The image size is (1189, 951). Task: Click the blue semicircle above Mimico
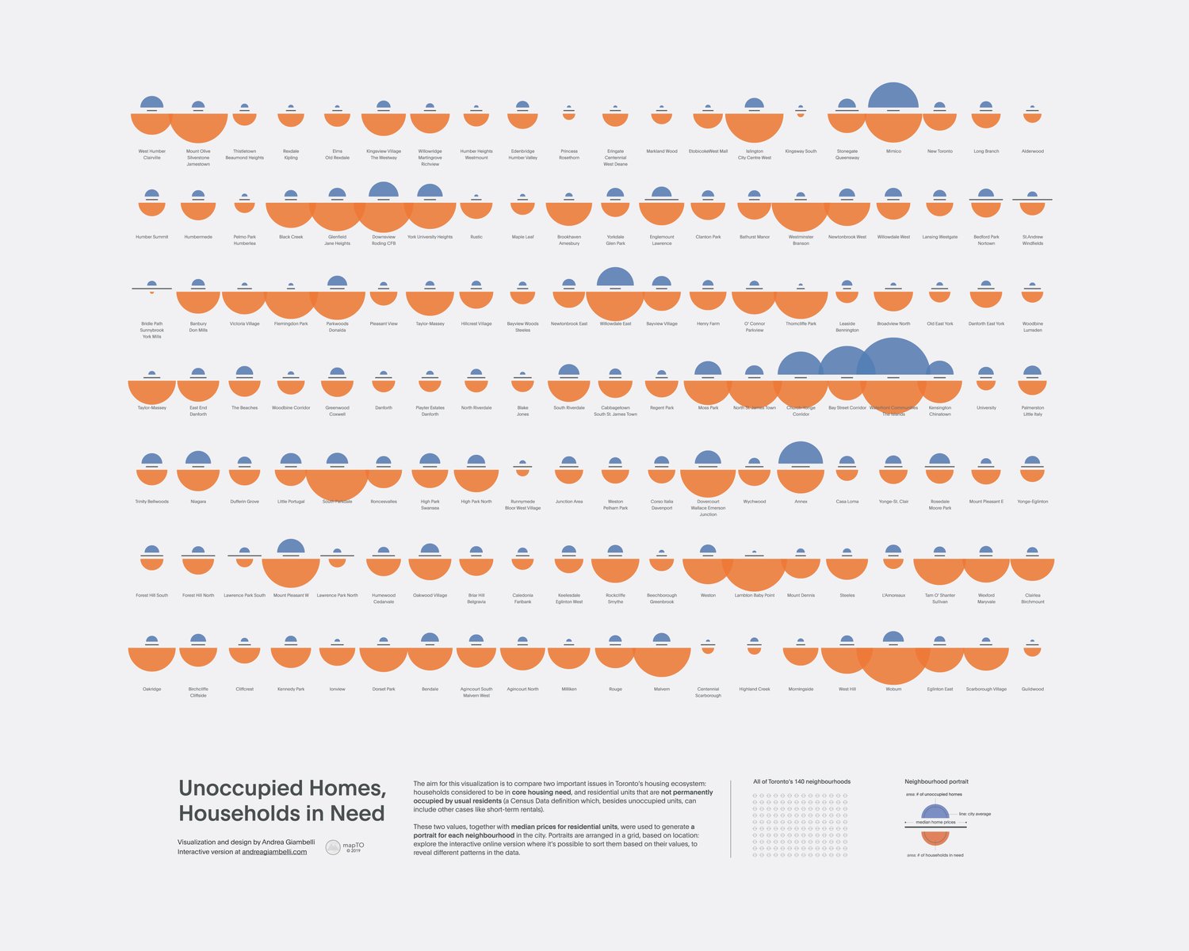(893, 95)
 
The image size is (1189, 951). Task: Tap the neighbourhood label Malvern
(662, 689)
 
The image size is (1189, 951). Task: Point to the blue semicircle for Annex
(801, 453)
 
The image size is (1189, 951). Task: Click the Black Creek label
(291, 237)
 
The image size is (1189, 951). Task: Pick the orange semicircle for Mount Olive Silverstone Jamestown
(198, 127)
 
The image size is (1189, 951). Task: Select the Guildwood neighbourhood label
(1032, 689)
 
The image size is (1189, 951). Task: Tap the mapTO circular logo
(334, 847)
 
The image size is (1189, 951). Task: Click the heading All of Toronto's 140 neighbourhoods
(801, 781)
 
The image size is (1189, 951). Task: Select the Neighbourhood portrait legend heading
(936, 781)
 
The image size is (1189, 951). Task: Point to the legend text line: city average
(975, 814)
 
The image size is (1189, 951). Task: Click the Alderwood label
(1032, 151)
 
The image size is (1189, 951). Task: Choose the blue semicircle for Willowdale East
(615, 277)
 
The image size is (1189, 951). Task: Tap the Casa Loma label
(847, 502)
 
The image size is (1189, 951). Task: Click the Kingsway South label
(801, 151)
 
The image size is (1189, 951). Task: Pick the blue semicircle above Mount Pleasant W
(291, 547)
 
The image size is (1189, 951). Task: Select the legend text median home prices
(935, 823)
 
